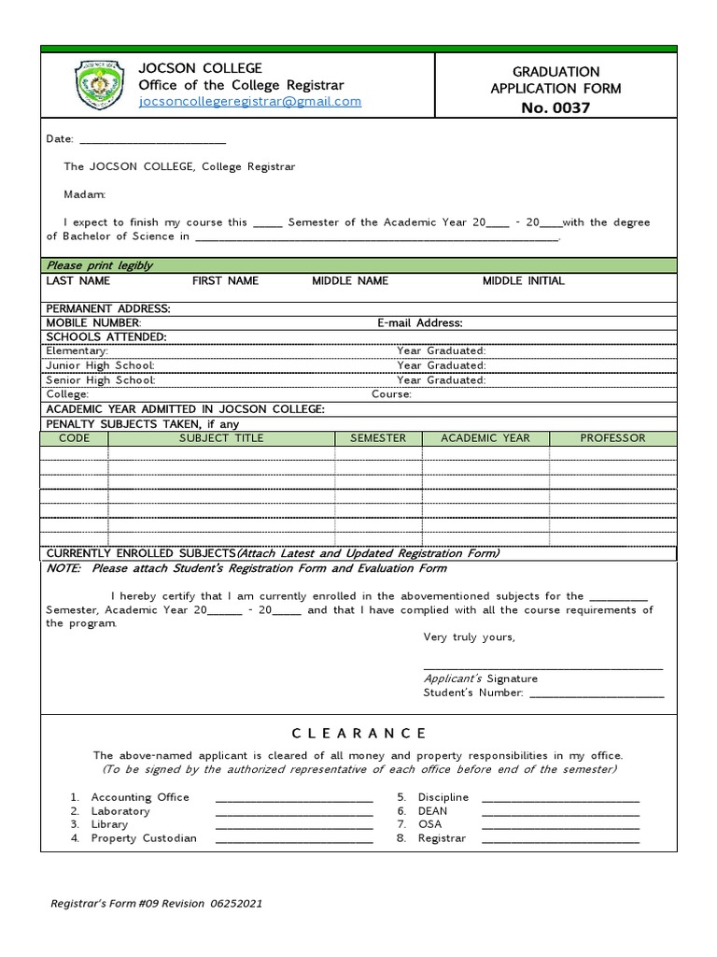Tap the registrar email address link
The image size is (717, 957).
(x=249, y=102)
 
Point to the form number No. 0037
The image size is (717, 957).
(x=555, y=107)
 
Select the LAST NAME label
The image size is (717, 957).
(x=78, y=281)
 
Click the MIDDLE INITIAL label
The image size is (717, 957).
(x=523, y=281)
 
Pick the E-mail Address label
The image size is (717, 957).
(x=419, y=323)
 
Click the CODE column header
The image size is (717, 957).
(x=74, y=438)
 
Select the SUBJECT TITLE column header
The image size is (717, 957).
(x=221, y=438)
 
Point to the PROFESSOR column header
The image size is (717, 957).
(x=612, y=438)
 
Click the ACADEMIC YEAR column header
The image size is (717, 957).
(x=485, y=438)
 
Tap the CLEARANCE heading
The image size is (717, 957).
(x=358, y=734)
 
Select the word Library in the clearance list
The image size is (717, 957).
(x=110, y=825)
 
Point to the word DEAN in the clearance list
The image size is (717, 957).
(x=432, y=811)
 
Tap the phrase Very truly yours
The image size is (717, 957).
(x=469, y=637)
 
